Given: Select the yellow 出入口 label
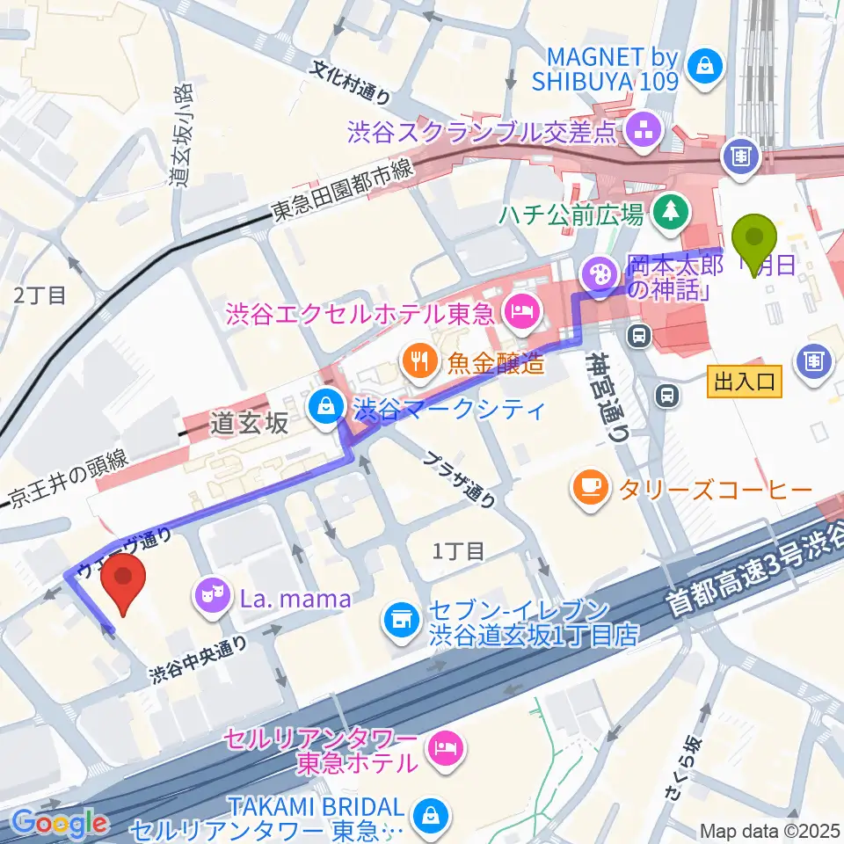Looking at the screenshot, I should [744, 381].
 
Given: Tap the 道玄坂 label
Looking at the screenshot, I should [250, 424].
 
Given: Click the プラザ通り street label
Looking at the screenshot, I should [457, 482].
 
